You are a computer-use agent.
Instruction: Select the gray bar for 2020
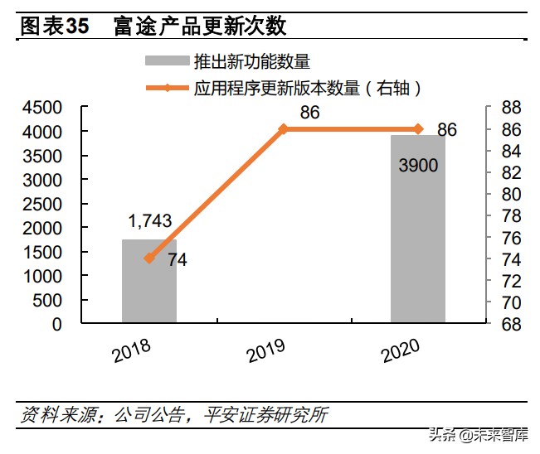418,249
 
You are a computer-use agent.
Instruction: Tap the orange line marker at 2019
284,128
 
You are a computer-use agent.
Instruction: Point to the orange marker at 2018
149,258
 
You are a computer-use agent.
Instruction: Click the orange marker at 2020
418,128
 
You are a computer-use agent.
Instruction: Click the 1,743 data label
149,220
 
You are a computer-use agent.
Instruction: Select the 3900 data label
418,166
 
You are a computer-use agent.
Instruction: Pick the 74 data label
177,260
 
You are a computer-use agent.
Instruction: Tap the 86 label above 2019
309,112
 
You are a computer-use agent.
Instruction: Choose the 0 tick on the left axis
56,325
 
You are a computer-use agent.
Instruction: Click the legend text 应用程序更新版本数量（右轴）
310,87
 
